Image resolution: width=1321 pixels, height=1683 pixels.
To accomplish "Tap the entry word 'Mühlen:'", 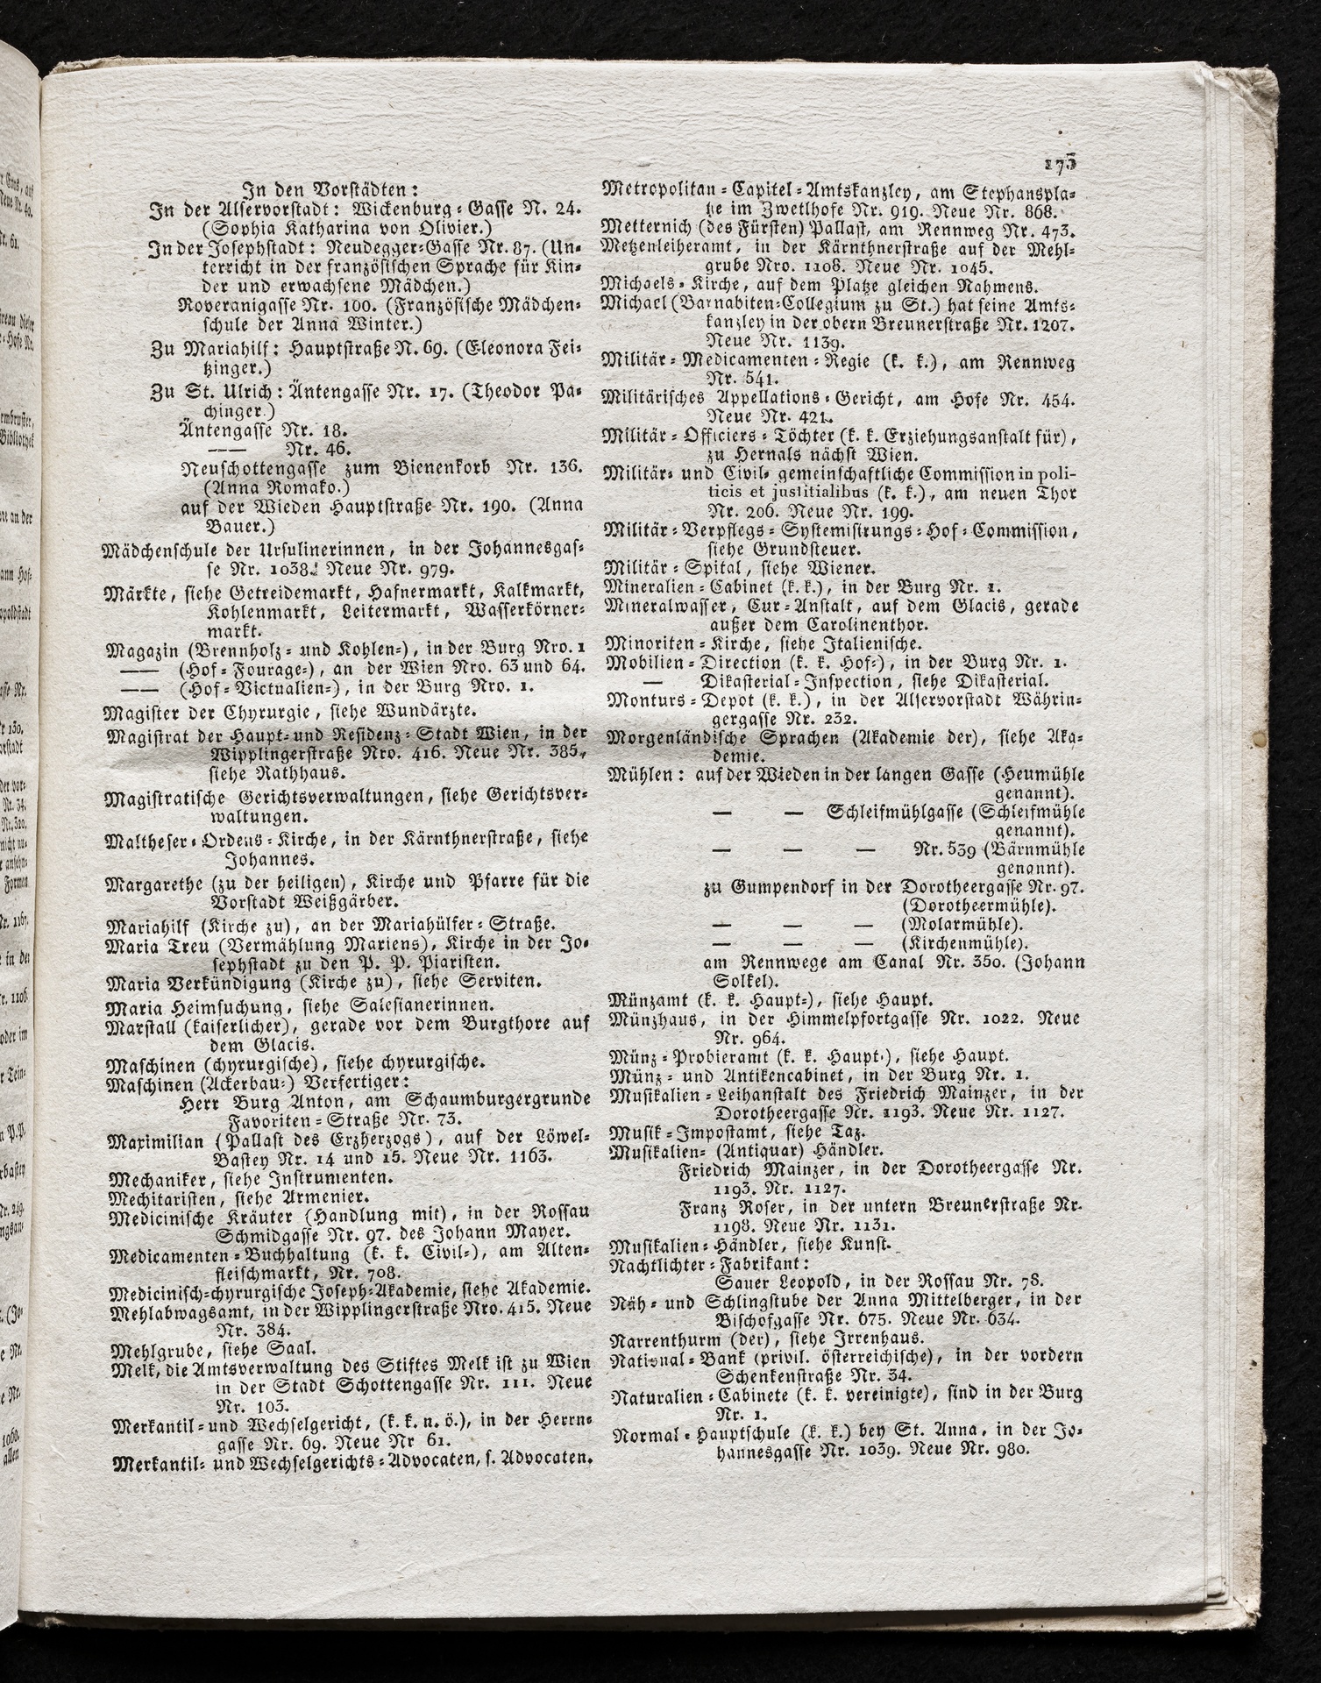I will click(x=637, y=775).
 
